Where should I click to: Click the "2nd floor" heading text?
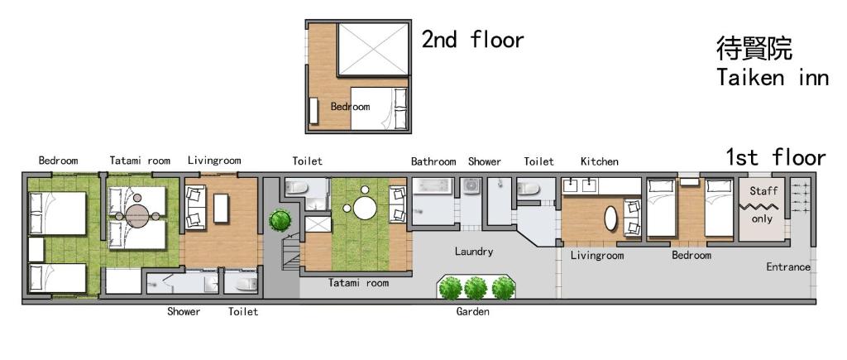472,40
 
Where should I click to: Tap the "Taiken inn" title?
773,77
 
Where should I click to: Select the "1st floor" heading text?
776,157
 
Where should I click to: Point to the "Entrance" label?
788,266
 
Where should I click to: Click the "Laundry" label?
474,252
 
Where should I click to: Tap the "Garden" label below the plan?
472,311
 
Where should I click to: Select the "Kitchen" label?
600,161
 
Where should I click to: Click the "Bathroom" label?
433,161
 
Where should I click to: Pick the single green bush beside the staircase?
280,219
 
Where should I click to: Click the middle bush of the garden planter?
476,288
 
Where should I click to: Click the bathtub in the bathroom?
433,186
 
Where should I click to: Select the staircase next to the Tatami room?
290,252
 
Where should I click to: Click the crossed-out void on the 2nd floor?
373,49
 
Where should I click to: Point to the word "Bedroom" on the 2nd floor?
350,107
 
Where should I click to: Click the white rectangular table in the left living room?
221,208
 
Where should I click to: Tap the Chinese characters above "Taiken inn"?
754,47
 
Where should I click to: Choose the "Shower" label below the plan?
184,311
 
